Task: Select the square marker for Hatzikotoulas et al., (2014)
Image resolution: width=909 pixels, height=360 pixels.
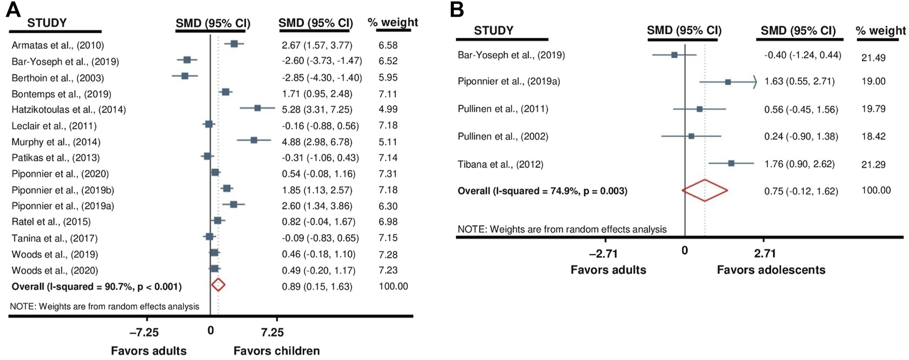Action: click(x=258, y=108)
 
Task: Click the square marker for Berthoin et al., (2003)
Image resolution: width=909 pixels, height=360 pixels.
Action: click(x=185, y=76)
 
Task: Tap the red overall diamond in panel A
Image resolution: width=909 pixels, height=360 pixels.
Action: click(x=218, y=285)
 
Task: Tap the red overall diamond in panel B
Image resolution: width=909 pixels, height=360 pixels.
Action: click(x=705, y=191)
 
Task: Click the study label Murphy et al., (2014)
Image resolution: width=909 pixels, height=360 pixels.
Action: click(x=56, y=142)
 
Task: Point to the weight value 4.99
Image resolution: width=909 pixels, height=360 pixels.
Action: click(x=388, y=109)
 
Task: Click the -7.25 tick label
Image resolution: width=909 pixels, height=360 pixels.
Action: click(x=144, y=332)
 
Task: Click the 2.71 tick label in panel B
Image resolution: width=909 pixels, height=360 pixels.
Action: click(x=765, y=253)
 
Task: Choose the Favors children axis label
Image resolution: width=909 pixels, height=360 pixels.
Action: click(x=276, y=351)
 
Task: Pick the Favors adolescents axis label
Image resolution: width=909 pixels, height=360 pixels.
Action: click(x=771, y=270)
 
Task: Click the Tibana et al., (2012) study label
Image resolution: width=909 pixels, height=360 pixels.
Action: click(x=500, y=165)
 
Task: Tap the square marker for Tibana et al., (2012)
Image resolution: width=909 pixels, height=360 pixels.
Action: click(x=731, y=163)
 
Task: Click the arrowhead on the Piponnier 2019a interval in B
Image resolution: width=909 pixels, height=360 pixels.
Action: click(x=755, y=82)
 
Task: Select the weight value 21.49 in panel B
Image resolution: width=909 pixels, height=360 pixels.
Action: click(x=873, y=57)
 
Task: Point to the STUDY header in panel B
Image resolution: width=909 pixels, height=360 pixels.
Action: click(x=493, y=31)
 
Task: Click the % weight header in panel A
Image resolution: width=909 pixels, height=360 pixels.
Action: click(x=392, y=22)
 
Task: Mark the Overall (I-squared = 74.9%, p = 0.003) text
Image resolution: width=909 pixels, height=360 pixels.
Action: click(x=542, y=191)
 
